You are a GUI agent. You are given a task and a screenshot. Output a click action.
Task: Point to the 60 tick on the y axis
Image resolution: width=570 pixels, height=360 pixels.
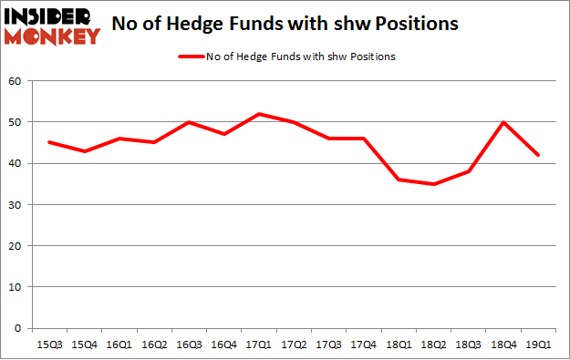16,81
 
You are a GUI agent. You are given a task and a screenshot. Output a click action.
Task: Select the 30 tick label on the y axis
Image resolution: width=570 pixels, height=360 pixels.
16,205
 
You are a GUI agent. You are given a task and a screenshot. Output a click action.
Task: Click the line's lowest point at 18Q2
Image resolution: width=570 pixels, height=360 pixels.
435,184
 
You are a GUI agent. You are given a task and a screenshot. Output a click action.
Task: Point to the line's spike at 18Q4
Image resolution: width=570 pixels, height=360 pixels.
503,122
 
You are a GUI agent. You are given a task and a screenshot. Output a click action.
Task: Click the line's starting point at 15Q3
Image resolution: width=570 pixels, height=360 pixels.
49,142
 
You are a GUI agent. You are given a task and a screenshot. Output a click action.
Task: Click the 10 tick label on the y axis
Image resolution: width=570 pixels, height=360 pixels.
16,287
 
